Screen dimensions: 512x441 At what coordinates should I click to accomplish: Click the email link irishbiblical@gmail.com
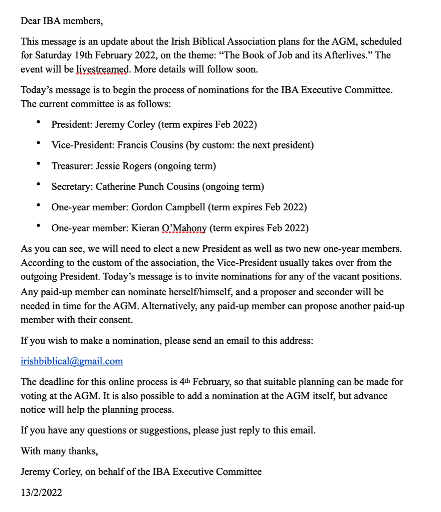(x=72, y=361)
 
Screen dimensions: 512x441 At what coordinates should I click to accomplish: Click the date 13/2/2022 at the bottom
(x=41, y=492)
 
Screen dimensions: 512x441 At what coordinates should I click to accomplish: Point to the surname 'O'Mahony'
(x=184, y=228)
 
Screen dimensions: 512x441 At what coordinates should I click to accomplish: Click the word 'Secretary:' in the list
(x=72, y=187)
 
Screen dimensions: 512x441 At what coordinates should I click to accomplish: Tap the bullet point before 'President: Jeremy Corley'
(x=38, y=122)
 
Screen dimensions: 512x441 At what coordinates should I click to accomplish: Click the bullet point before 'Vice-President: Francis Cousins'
(x=38, y=143)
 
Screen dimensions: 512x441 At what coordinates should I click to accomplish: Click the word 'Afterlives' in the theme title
(x=345, y=55)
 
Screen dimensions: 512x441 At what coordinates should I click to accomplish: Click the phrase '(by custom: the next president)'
(x=250, y=145)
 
